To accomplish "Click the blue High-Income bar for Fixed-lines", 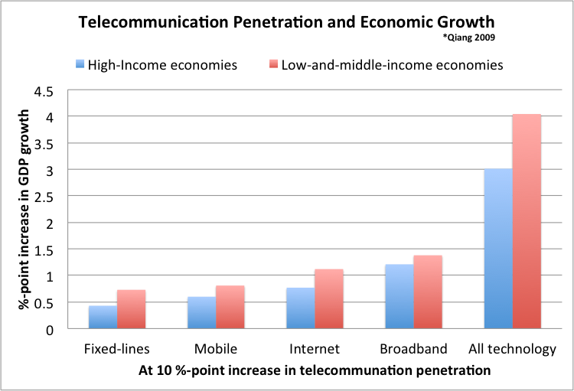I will [x=103, y=317].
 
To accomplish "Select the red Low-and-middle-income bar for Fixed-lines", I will [x=131, y=309].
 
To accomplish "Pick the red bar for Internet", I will [x=329, y=299].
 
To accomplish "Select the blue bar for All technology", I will [x=497, y=249].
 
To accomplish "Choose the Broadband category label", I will [x=413, y=349].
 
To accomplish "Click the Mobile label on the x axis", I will [x=216, y=349].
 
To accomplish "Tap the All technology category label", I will [x=511, y=349].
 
